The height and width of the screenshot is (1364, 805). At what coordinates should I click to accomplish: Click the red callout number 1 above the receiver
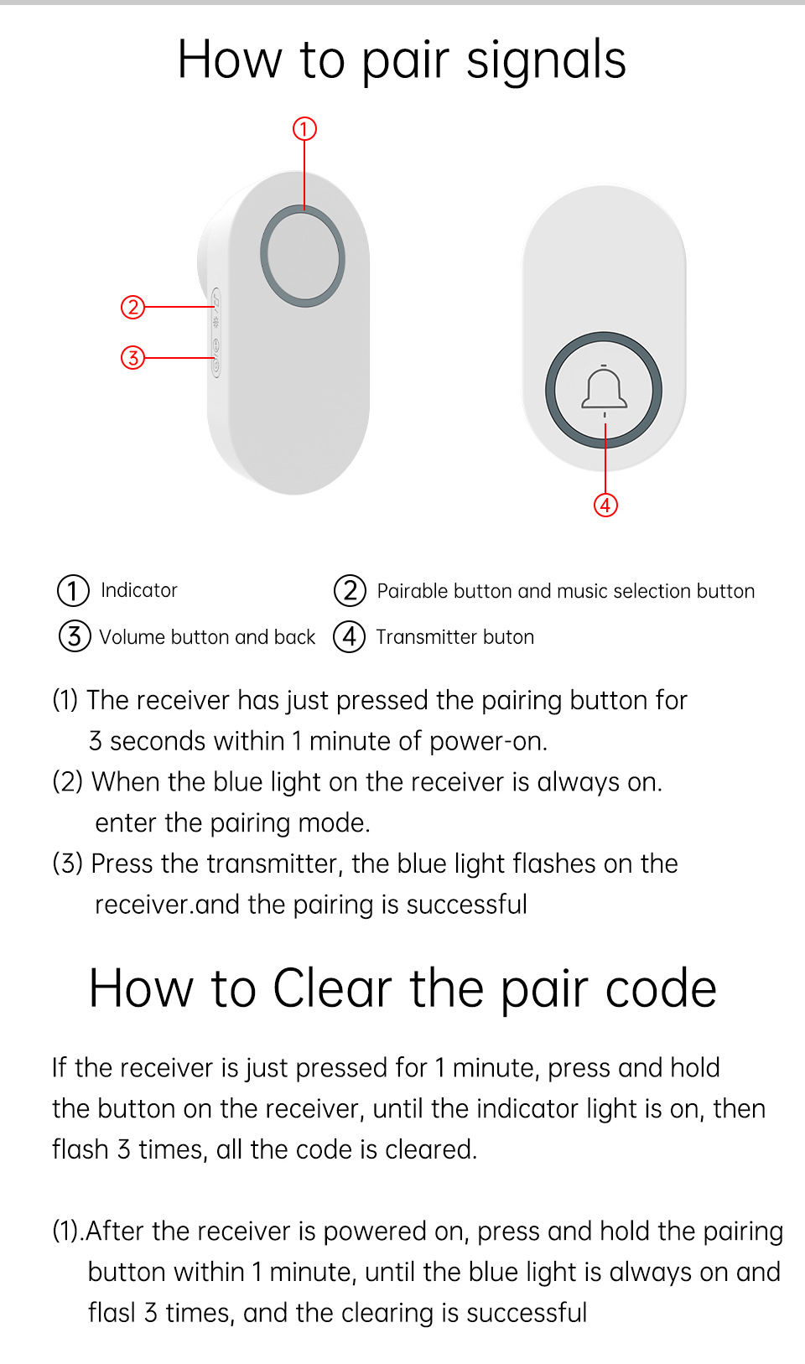pos(304,129)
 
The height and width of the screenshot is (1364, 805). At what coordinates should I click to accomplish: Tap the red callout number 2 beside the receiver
pos(132,308)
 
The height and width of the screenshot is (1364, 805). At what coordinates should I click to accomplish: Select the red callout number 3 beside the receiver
pos(132,358)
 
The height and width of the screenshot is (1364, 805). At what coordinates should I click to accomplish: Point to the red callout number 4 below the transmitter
pos(605,505)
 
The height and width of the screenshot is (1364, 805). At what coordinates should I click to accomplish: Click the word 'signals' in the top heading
pos(546,60)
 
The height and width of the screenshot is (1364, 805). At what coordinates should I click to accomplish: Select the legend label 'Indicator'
pos(139,590)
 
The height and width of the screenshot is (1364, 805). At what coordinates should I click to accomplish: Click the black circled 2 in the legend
pos(350,590)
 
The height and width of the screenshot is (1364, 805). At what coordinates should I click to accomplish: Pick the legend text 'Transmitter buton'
pos(454,637)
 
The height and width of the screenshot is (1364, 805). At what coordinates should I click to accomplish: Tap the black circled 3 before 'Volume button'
pos(75,636)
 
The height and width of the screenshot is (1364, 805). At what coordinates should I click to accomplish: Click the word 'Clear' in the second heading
pos(332,988)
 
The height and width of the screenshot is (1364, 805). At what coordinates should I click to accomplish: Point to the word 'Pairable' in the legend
pos(412,591)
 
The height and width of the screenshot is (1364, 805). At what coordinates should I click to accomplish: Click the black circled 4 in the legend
pos(350,636)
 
